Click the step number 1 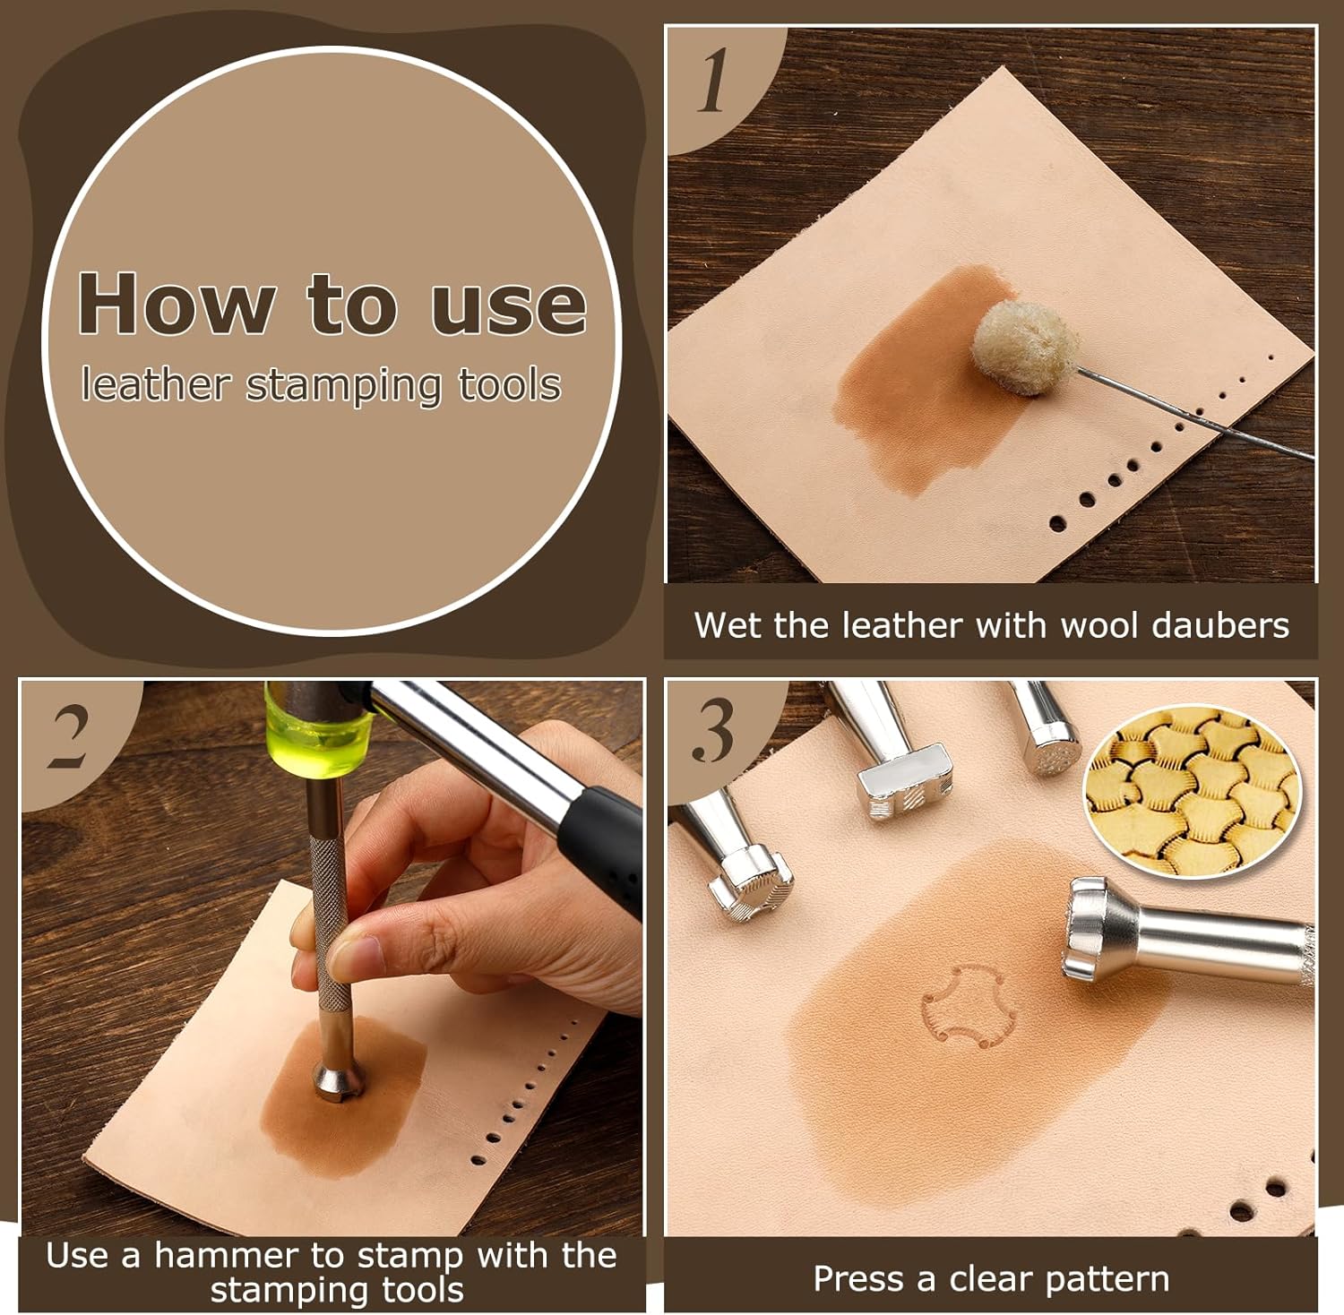coord(713,82)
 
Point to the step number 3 coord(712,732)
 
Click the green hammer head coord(318,727)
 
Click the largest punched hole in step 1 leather coord(1058,521)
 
